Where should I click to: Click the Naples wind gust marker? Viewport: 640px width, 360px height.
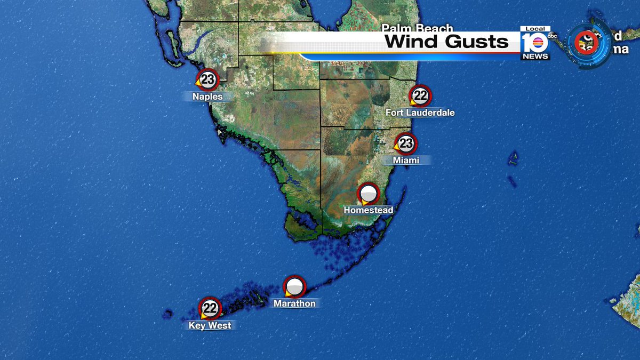(x=208, y=79)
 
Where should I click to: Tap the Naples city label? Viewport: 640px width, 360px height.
(x=207, y=97)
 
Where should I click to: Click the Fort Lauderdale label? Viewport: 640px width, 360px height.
(x=421, y=113)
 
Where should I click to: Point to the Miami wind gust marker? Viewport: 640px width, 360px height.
(x=406, y=143)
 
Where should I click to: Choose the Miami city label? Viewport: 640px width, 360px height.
(x=406, y=160)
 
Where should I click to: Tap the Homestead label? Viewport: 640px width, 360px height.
(x=368, y=210)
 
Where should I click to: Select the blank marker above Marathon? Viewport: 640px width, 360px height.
(x=294, y=287)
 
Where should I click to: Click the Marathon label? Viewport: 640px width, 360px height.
(x=294, y=303)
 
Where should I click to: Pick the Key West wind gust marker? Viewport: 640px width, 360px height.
(x=210, y=308)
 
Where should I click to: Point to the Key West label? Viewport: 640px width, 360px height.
(x=210, y=325)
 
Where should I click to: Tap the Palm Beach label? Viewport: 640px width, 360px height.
(x=417, y=28)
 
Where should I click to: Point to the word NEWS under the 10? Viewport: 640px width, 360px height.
(x=535, y=56)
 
